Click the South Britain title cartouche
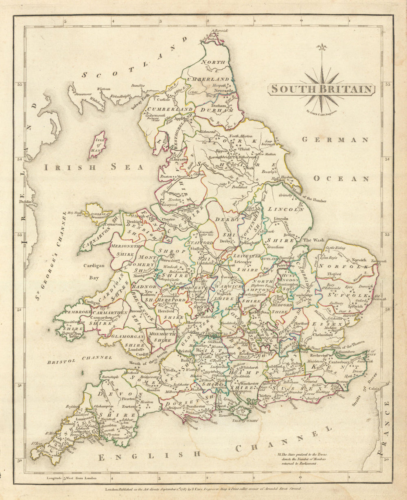(x=322, y=89)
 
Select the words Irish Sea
(x=94, y=167)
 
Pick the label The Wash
(x=313, y=240)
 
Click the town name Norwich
(x=359, y=260)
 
